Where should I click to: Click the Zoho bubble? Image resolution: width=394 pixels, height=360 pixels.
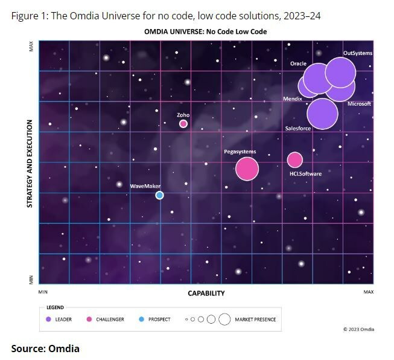pos(183,124)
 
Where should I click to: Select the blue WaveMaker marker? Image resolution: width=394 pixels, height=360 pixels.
pos(159,195)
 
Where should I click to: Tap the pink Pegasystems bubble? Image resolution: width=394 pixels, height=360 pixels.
pos(246,169)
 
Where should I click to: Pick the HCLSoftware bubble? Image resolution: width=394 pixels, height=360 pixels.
pos(294,159)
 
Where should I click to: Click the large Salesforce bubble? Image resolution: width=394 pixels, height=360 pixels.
pos(322,114)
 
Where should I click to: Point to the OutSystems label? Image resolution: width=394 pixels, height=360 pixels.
pos(357,53)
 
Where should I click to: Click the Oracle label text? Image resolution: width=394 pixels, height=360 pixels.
pos(298,63)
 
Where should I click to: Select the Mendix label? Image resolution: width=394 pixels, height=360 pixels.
pos(292,98)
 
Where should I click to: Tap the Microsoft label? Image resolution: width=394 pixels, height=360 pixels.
pos(359,104)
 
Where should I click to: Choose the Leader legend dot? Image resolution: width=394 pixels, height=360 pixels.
pos(48,319)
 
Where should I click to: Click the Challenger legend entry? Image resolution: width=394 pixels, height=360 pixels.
pos(109,319)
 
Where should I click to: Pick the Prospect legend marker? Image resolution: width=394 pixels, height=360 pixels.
pos(142,319)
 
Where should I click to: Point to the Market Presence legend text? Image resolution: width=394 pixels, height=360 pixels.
pos(255,319)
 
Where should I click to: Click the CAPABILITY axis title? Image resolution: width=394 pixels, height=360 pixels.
pos(206,293)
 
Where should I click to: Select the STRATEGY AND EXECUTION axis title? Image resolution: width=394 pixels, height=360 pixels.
pos(29,164)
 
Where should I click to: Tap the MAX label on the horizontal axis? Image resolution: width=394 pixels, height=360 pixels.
pos(369,292)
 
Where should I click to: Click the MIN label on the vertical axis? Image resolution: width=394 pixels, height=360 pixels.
pos(31,280)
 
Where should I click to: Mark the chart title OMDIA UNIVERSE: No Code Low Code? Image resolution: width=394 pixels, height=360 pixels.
pos(205,31)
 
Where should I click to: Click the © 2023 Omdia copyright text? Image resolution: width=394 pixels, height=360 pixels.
pos(358,329)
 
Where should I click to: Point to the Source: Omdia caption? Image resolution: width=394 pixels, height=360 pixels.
pos(45,348)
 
